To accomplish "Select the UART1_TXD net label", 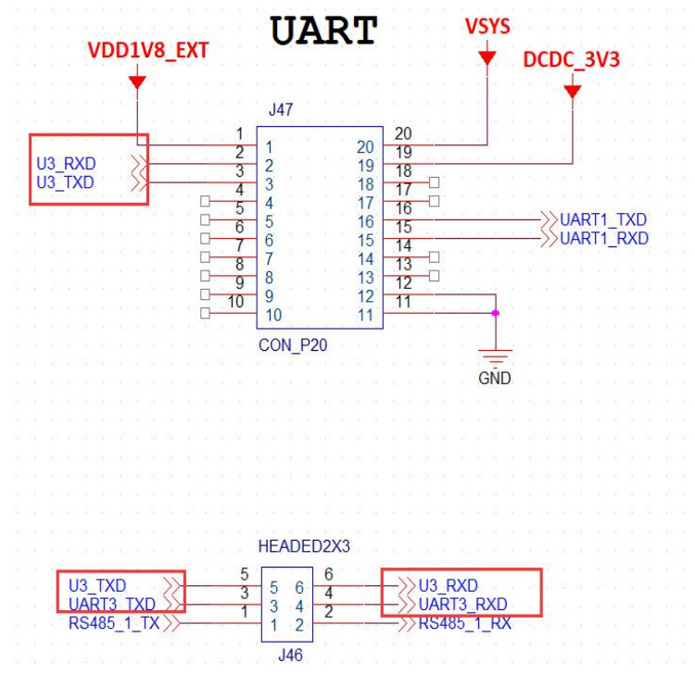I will (603, 220).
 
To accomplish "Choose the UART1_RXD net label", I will (604, 239).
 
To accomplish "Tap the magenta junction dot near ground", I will (495, 314).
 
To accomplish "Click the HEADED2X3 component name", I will (304, 547).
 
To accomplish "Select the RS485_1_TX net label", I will (114, 623).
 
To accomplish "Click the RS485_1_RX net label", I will (465, 623).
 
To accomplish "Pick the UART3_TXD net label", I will (112, 605).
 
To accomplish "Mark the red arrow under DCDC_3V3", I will (572, 91).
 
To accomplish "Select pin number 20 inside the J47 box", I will (366, 146).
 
